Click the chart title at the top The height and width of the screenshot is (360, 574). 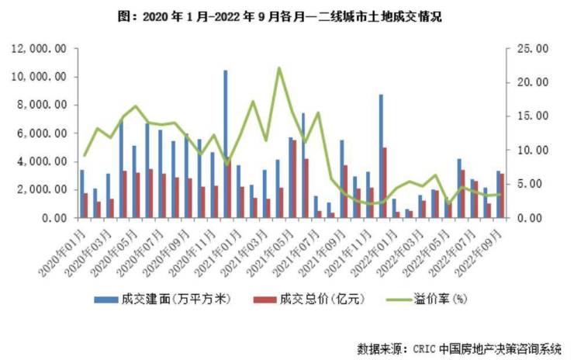coord(286,16)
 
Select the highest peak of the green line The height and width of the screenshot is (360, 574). coord(278,68)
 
